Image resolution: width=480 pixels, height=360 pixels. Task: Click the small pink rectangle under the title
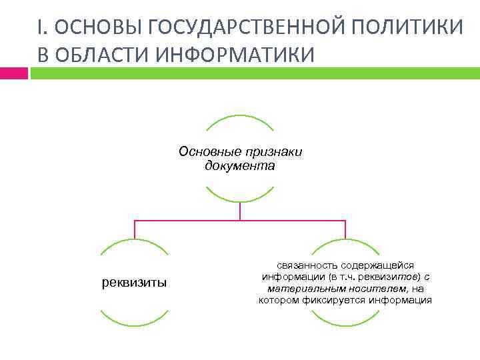tap(14, 73)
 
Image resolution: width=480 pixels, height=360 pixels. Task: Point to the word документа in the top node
tap(240, 164)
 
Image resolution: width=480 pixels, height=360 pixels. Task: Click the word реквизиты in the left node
tap(135, 283)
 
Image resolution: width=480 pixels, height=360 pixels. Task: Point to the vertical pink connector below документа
tap(240, 211)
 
